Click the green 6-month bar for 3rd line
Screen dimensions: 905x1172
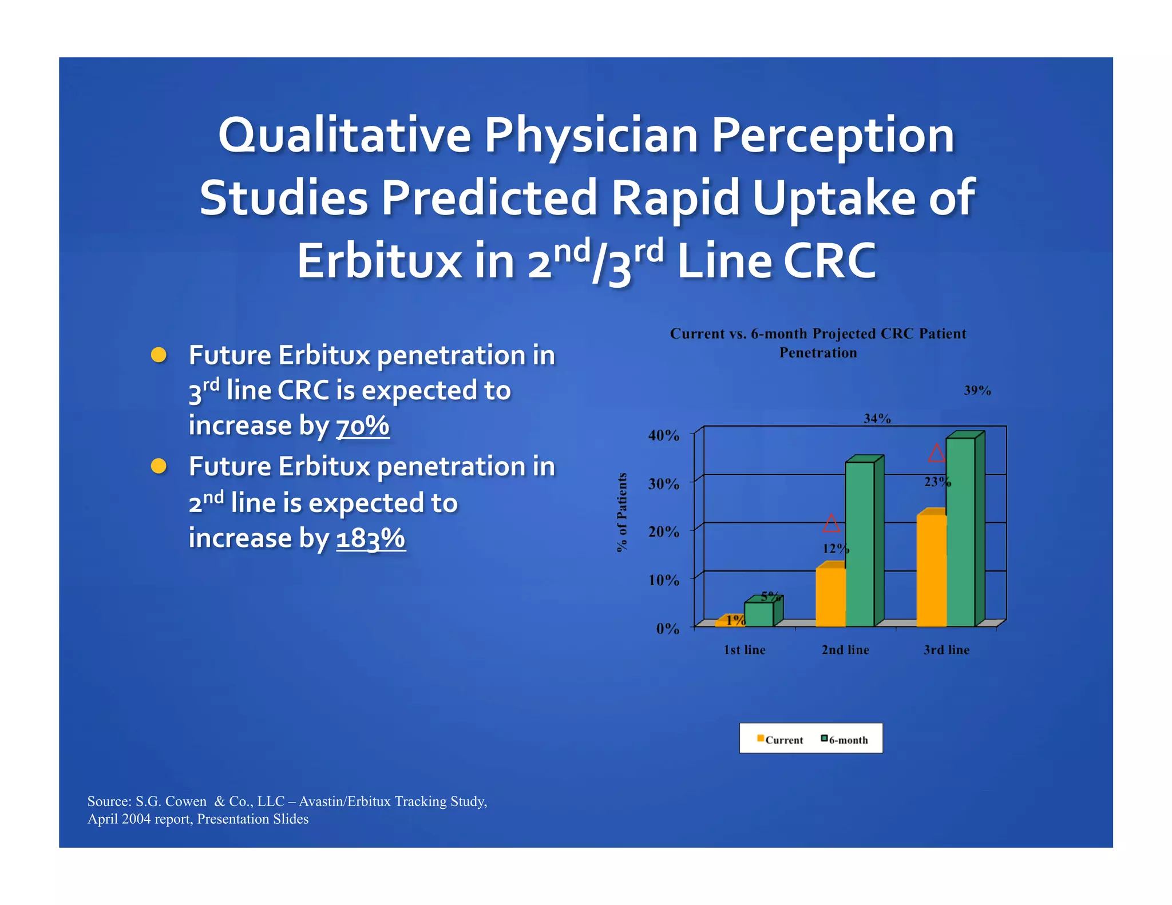click(960, 532)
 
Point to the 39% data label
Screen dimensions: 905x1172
click(977, 391)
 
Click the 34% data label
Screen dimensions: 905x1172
click(877, 419)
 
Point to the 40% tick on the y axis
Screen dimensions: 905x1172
click(664, 435)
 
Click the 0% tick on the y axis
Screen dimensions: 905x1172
click(667, 629)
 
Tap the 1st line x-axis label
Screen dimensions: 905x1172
click(744, 650)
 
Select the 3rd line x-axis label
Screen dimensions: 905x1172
click(946, 650)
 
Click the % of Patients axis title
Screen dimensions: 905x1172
click(622, 512)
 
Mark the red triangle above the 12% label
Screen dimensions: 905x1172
click(831, 523)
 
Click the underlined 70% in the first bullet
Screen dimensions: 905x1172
click(362, 426)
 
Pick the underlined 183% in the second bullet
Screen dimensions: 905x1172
click(371, 538)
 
